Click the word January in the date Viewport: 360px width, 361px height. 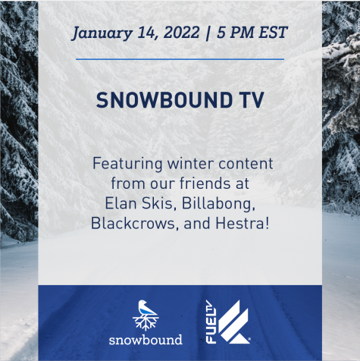point(102,33)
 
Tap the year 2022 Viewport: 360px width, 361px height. point(181,33)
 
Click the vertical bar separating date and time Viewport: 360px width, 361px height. point(208,33)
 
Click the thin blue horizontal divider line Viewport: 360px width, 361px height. point(180,59)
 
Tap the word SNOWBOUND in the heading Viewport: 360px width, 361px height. point(164,100)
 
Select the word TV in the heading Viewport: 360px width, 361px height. point(252,100)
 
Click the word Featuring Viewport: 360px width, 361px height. point(127,165)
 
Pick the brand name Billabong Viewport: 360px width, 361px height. point(218,204)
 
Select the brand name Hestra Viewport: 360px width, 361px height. point(242,224)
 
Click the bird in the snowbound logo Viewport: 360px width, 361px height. point(146,309)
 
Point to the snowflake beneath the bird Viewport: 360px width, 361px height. point(146,323)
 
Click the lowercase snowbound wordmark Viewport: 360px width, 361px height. point(146,340)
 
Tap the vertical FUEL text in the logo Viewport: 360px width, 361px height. point(211,326)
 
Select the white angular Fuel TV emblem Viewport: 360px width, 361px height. point(233,322)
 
